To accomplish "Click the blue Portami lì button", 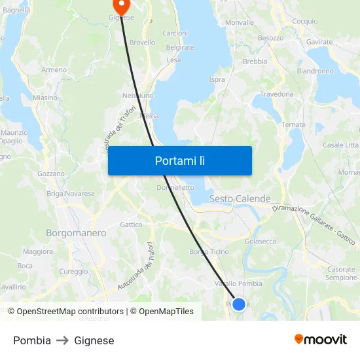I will [x=180, y=160].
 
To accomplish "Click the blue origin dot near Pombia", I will [x=239, y=304].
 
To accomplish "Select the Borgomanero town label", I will [x=76, y=232].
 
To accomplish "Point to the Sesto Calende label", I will [x=240, y=198].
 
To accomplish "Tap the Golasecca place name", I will [x=260, y=242].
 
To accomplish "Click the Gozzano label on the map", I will [x=51, y=173].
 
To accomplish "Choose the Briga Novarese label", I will [x=71, y=193].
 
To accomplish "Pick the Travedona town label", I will [x=277, y=94].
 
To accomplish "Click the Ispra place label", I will [x=217, y=80].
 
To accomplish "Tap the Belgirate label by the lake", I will [x=180, y=47].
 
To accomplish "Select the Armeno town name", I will [x=54, y=69].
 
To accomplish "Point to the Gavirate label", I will [x=319, y=41].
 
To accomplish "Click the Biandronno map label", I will [x=315, y=71].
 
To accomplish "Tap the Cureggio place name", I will [x=73, y=271].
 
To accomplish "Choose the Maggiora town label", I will [x=38, y=251].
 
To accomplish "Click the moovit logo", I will [x=321, y=339].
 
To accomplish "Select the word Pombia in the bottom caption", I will [x=32, y=340].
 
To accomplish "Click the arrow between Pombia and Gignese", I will [x=62, y=340].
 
